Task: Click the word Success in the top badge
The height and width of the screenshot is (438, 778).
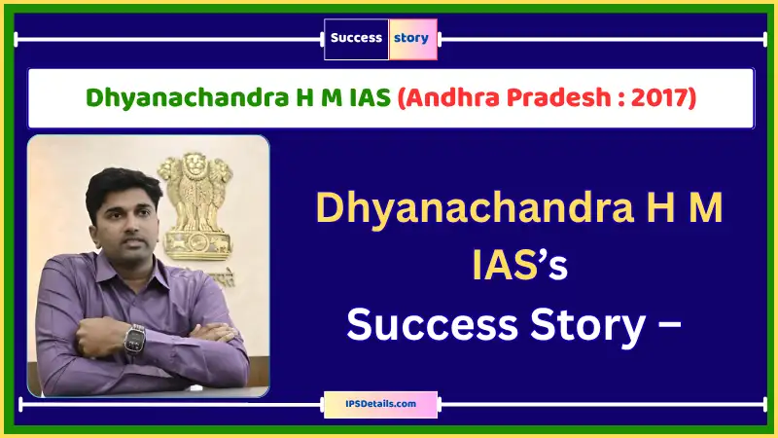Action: [x=356, y=38]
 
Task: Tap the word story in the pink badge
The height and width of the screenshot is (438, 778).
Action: [x=410, y=38]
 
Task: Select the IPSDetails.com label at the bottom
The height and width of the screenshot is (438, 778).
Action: [x=380, y=404]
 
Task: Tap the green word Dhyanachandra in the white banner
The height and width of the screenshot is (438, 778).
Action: [x=187, y=98]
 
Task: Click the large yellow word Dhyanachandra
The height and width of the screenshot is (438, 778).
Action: [x=475, y=207]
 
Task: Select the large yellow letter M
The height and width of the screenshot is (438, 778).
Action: [x=703, y=207]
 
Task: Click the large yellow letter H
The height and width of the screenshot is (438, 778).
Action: [x=658, y=207]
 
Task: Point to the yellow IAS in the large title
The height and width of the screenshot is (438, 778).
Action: [x=503, y=265]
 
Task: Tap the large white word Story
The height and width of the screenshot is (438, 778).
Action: [x=588, y=326]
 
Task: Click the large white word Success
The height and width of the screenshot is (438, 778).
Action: [x=432, y=325]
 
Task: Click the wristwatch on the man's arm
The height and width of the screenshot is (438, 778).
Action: [x=134, y=338]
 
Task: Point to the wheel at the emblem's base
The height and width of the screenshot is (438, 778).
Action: [x=198, y=242]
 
